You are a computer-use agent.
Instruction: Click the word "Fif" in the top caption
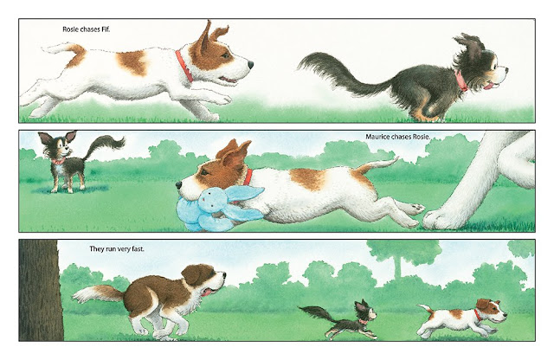105,29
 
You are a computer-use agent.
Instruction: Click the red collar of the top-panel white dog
184,67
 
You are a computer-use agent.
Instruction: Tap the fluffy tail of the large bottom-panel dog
95,294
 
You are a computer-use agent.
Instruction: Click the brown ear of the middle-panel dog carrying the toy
228,153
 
